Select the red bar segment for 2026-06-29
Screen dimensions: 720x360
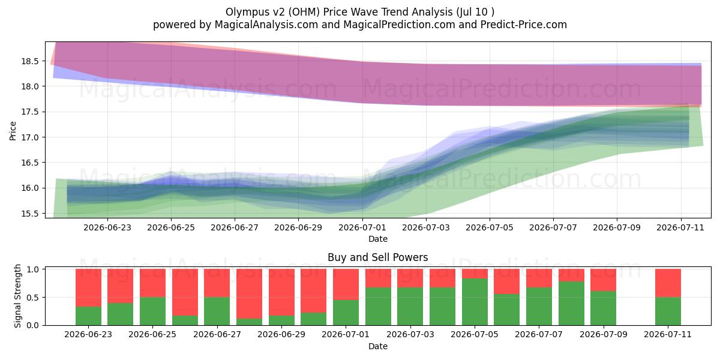[281, 292]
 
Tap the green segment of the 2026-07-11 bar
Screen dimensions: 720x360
[668, 311]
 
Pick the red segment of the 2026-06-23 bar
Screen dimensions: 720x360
[88, 287]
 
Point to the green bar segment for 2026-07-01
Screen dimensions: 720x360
[346, 313]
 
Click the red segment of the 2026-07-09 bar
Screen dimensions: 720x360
[604, 280]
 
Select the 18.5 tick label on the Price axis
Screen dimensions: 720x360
[30, 61]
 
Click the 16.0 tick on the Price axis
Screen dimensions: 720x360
[30, 188]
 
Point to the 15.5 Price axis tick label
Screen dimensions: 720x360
[30, 214]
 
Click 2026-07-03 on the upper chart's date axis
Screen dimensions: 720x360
[426, 227]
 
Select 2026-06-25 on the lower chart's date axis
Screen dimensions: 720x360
[152, 334]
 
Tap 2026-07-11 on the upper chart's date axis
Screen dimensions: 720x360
[680, 227]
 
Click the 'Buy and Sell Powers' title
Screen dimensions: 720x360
[377, 257]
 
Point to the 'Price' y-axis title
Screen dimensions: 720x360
[13, 131]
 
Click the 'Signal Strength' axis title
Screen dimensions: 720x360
[17, 296]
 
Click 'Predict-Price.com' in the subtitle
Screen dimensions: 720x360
[524, 25]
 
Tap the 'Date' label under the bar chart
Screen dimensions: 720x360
[377, 346]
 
